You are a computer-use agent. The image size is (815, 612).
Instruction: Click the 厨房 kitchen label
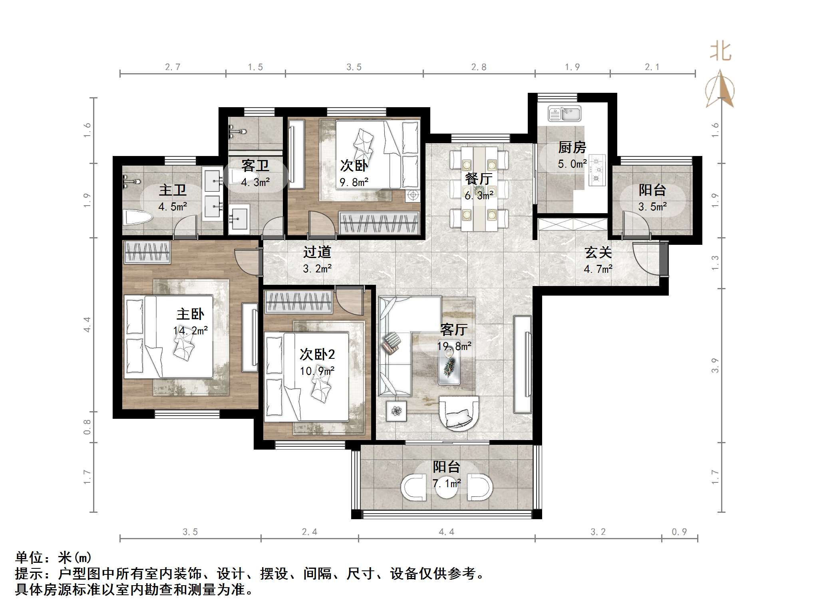(x=572, y=148)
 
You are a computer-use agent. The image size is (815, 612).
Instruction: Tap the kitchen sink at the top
(x=564, y=114)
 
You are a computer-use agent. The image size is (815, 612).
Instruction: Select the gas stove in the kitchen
(x=597, y=170)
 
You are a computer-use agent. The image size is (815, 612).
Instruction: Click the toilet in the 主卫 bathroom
(x=137, y=218)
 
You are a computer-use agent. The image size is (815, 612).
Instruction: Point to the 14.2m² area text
(x=190, y=331)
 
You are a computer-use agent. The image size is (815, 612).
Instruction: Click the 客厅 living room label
(x=454, y=330)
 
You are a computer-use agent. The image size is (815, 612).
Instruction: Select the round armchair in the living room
(x=459, y=413)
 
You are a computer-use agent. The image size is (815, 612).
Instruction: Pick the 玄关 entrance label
(x=598, y=252)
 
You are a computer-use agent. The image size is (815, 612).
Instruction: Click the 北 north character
(x=720, y=52)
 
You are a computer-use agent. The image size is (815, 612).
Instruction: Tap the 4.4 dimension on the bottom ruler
(x=446, y=532)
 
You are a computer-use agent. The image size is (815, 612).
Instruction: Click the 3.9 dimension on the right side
(x=715, y=365)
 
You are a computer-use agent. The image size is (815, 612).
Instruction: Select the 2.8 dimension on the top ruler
(x=479, y=67)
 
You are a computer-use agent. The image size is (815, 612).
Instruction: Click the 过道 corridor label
(x=317, y=252)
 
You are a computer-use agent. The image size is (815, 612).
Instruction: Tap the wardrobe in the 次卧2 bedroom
(x=298, y=302)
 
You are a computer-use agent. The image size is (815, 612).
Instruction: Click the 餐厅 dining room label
(x=478, y=179)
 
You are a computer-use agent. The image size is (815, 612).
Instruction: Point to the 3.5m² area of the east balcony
(x=652, y=207)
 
